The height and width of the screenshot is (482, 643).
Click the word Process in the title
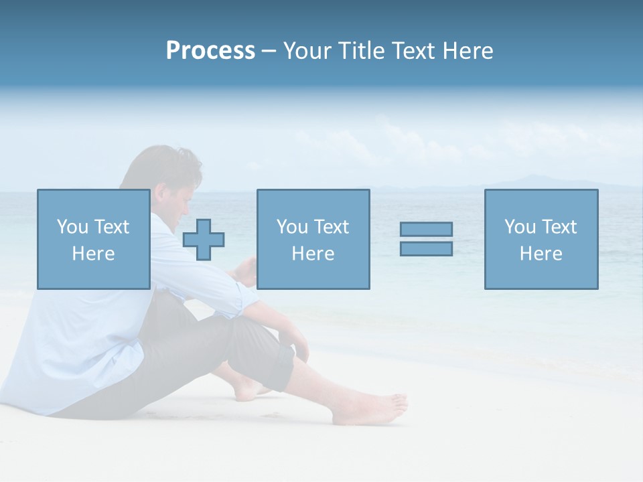210,51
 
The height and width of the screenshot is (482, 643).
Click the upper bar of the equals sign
426,229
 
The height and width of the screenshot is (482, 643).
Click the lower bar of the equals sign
426,248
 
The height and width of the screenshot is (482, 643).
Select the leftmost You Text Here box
93,239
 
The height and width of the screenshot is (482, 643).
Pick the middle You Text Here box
313,239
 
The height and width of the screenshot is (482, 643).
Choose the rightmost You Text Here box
541,239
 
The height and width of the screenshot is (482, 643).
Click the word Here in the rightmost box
541,254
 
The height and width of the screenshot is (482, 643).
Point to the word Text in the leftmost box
111,227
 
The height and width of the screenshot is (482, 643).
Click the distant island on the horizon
529,181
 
